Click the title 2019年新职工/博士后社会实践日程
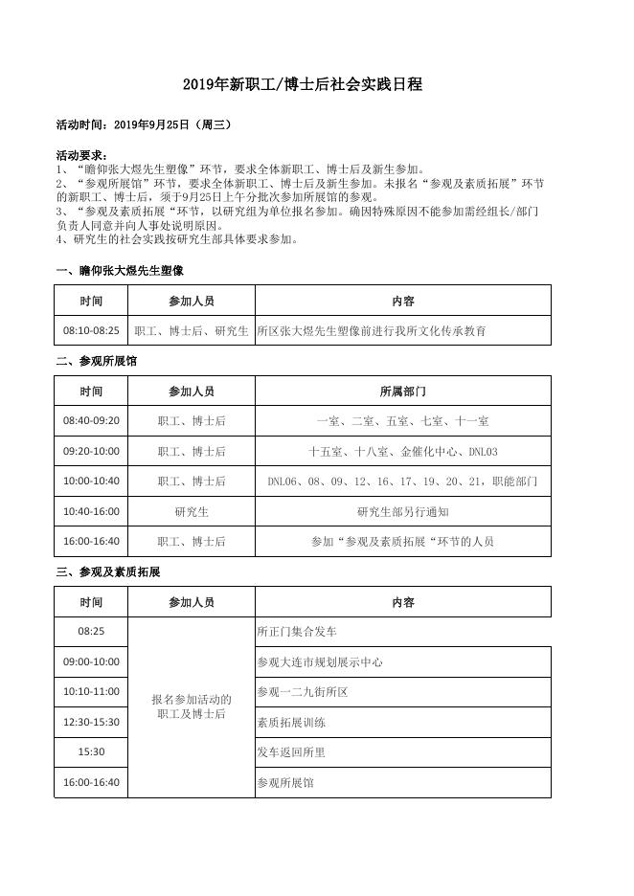[x=303, y=85]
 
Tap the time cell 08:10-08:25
[x=91, y=331]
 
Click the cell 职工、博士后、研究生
[x=192, y=331]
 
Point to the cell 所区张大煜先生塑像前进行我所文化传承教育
[x=372, y=331]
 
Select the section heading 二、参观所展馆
[x=97, y=362]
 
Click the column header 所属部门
[x=402, y=392]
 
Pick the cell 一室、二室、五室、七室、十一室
[x=402, y=421]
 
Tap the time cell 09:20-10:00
[x=91, y=451]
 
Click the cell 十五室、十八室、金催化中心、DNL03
[x=402, y=451]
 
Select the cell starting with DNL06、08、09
[x=402, y=482]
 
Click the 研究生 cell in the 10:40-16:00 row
[x=192, y=511]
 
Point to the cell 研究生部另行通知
[x=402, y=511]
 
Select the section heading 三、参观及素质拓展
[x=108, y=571]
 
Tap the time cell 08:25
[x=91, y=632]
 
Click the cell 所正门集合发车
[x=297, y=632]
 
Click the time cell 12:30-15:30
[x=91, y=722]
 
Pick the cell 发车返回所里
[x=291, y=752]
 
